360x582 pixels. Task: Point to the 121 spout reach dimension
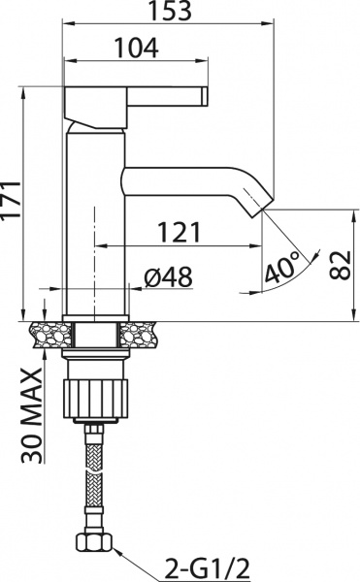point(180,232)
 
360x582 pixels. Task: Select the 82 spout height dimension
point(339,262)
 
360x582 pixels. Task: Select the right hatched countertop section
point(142,333)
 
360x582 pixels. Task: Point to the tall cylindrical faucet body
point(95,223)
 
